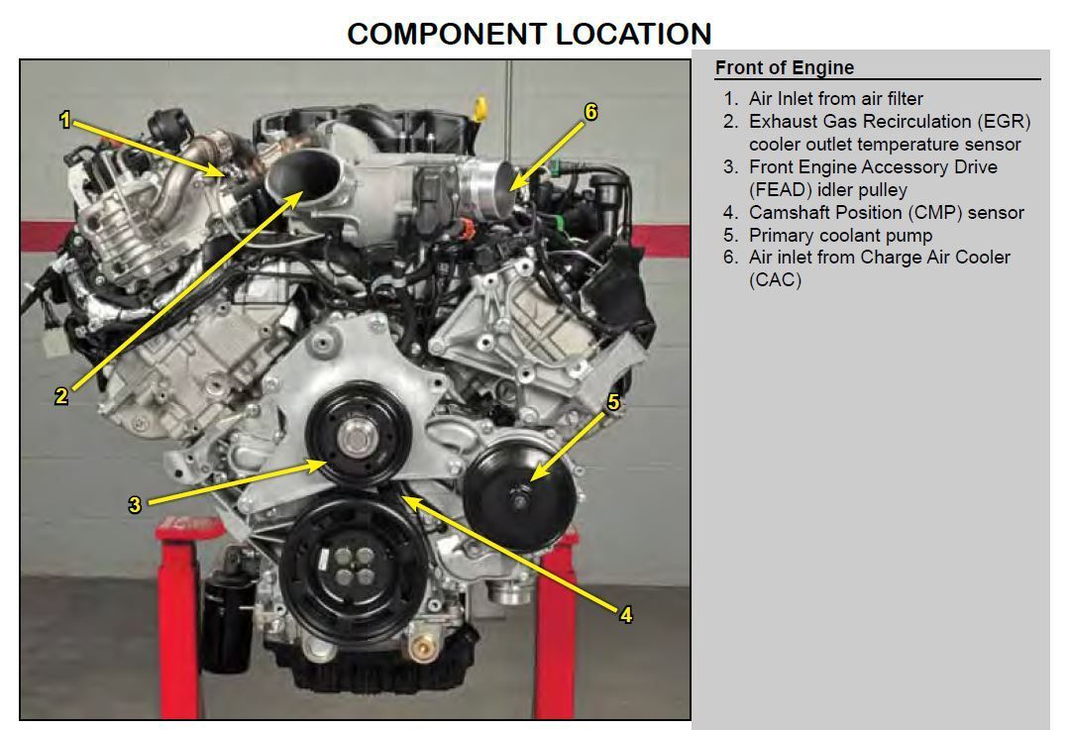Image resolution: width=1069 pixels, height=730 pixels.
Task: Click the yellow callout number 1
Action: pyautogui.click(x=65, y=121)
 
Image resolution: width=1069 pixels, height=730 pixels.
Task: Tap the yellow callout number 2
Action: pyautogui.click(x=61, y=396)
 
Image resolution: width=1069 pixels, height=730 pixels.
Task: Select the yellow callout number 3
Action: pyautogui.click(x=135, y=504)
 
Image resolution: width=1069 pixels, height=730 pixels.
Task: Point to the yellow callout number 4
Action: pyautogui.click(x=625, y=614)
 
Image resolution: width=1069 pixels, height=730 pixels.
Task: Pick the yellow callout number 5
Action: pyautogui.click(x=613, y=401)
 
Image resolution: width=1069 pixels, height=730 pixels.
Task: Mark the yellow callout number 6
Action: pyautogui.click(x=590, y=112)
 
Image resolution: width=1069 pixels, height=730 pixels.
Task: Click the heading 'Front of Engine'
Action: pyautogui.click(x=784, y=67)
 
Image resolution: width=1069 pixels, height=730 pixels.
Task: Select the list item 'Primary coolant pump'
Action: pyautogui.click(x=840, y=235)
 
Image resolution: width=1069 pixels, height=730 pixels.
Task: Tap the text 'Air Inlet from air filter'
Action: pyautogui.click(x=835, y=98)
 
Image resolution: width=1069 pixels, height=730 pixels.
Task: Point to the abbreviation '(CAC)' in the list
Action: pyautogui.click(x=775, y=279)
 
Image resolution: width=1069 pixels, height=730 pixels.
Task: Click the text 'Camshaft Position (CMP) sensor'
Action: pyautogui.click(x=886, y=212)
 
